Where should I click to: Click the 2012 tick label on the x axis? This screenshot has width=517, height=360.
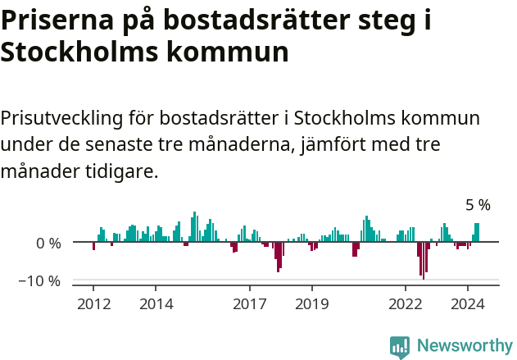pos(93,303)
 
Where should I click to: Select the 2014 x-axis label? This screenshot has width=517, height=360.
pos(156,303)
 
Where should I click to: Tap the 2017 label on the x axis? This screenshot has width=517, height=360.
pos(250,303)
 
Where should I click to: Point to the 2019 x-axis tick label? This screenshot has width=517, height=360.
pos(312,303)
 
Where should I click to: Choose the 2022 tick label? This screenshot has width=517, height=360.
pos(406,303)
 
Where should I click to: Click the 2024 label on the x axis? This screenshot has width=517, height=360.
pos(468,303)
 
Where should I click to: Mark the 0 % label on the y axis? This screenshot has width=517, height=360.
pos(49,243)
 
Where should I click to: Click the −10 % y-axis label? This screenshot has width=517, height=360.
pos(41,280)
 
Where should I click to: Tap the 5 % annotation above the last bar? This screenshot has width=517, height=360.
pos(478,205)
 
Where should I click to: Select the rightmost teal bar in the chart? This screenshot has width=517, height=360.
pos(477,233)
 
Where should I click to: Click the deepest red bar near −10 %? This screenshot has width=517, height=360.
pos(424,261)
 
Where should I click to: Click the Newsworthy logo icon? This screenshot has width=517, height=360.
pos(400,346)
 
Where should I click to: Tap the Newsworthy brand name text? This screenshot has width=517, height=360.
pos(465,346)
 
